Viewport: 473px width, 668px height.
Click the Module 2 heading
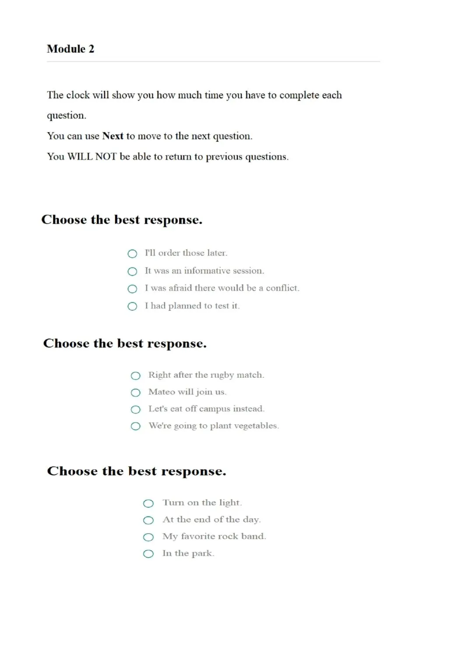(71, 49)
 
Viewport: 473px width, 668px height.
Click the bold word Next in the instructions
(113, 136)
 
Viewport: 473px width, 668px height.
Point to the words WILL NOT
(92, 157)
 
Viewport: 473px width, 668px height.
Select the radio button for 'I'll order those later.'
(132, 254)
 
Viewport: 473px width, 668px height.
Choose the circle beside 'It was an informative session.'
(132, 271)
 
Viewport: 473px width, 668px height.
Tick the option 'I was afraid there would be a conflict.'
(132, 289)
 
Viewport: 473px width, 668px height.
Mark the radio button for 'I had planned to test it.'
(132, 306)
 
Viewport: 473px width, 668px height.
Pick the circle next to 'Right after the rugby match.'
(136, 376)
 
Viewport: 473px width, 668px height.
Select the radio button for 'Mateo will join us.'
(136, 393)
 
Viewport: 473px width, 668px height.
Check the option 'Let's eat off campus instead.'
(136, 409)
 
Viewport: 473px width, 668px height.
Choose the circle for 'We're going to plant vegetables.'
(136, 426)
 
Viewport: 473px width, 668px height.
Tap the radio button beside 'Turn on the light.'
(148, 503)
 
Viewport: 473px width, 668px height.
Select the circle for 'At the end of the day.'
(148, 520)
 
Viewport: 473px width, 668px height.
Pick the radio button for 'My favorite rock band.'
(148, 537)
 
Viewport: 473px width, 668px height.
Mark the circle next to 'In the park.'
(148, 554)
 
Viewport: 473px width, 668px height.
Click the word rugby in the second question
(222, 376)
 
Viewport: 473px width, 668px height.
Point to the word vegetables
(256, 426)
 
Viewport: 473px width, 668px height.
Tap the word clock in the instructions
(78, 95)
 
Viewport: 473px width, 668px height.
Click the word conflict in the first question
(282, 288)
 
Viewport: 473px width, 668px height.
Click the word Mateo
(162, 392)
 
